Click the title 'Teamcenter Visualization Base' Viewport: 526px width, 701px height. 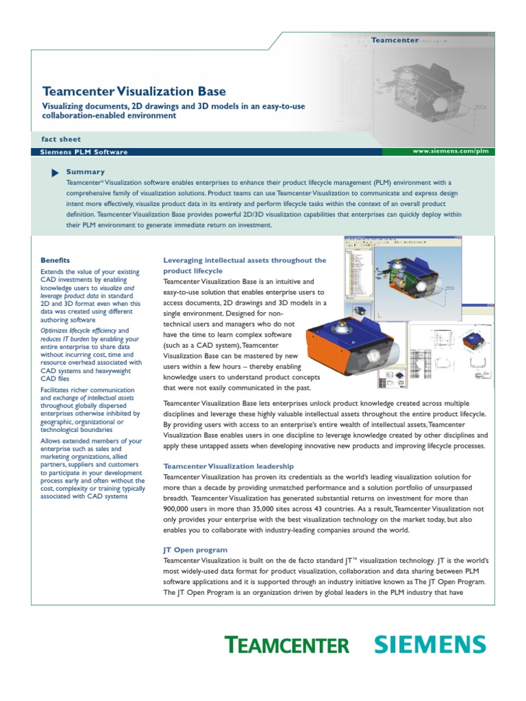point(134,91)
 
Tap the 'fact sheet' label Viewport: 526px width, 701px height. point(62,139)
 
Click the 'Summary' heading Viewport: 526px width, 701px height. point(86,172)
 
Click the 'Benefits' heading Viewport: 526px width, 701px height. point(55,260)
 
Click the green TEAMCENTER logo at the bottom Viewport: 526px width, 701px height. point(287,645)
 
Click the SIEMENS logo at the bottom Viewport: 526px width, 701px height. point(430,644)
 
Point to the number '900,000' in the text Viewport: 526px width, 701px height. point(180,509)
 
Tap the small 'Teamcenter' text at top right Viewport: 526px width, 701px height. point(394,40)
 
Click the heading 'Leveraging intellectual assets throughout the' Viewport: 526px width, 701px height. point(245,260)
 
